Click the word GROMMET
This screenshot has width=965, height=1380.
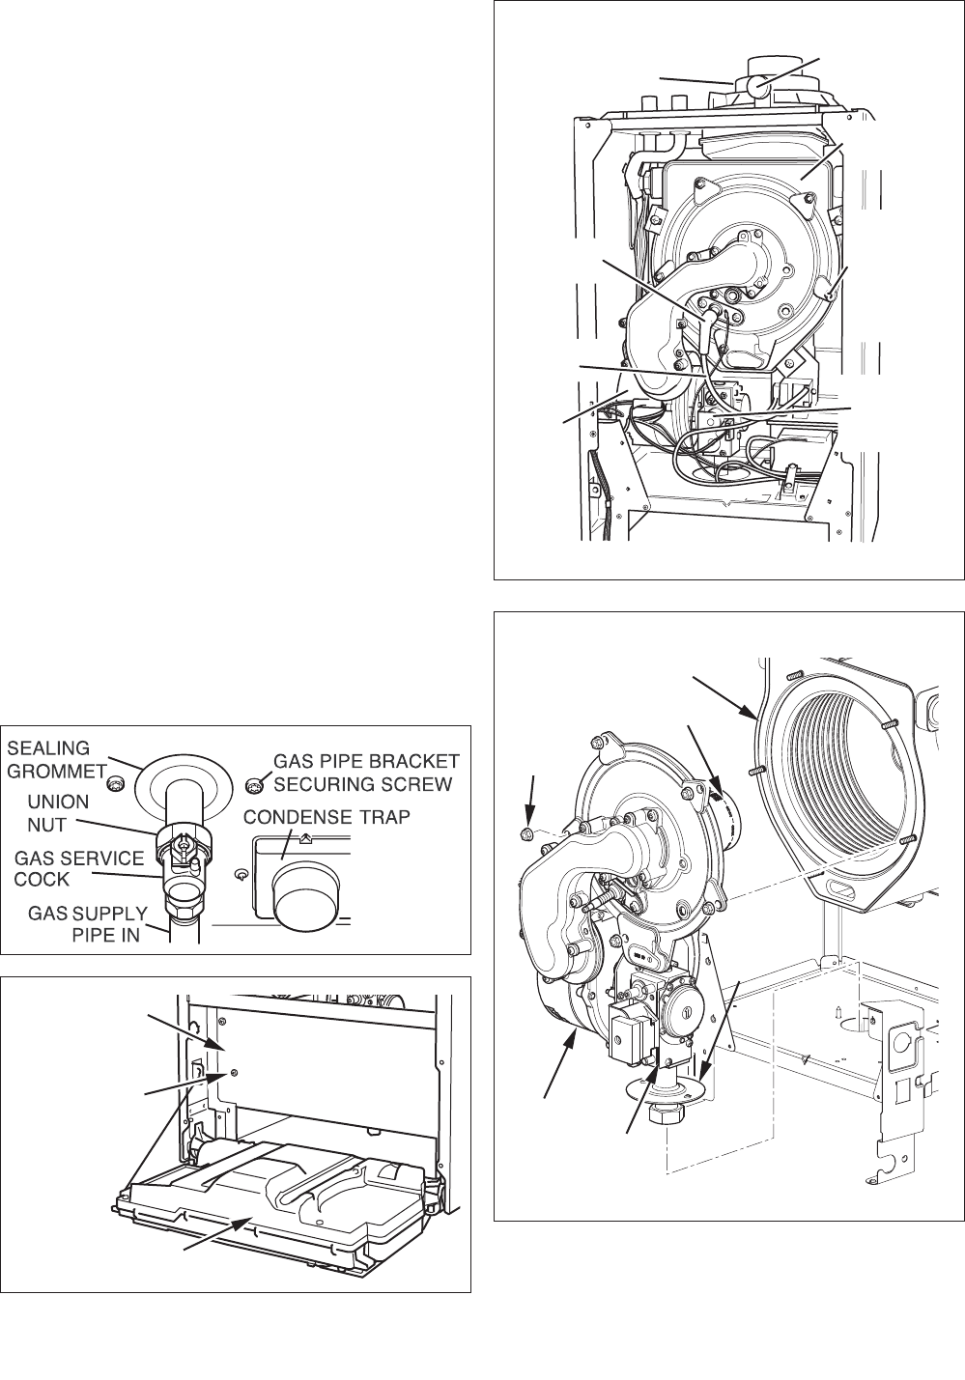tap(57, 771)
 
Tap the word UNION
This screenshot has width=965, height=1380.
tap(59, 803)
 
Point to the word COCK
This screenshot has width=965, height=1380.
tap(42, 879)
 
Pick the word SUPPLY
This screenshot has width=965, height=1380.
tap(110, 913)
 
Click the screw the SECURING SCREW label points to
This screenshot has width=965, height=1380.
tap(253, 785)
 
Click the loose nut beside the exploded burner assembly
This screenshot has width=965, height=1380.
tap(526, 834)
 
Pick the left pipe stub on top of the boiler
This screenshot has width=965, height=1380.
tap(647, 103)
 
